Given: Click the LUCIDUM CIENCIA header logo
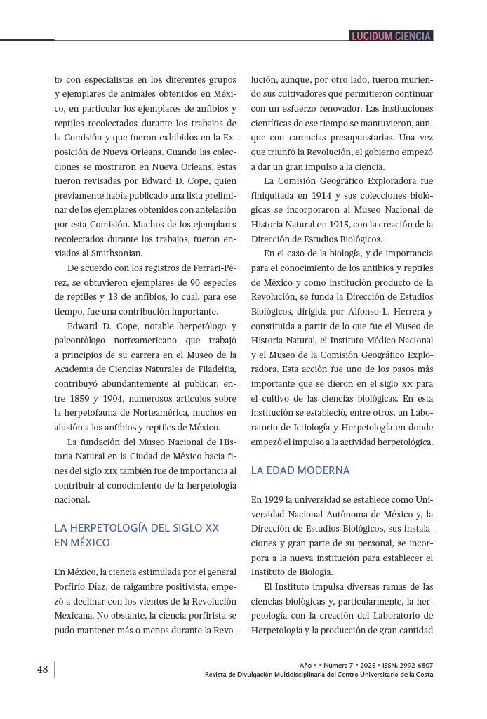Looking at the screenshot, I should pyautogui.click(x=391, y=36).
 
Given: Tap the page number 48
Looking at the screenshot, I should pyautogui.click(x=43, y=669).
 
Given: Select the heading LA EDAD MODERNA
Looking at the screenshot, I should pyautogui.click(x=300, y=470).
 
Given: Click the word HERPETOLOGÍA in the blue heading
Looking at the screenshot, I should pyautogui.click(x=116, y=527).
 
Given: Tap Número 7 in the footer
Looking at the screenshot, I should pyautogui.click(x=338, y=665).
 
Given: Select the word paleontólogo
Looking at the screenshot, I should pyautogui.click(x=83, y=341).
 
